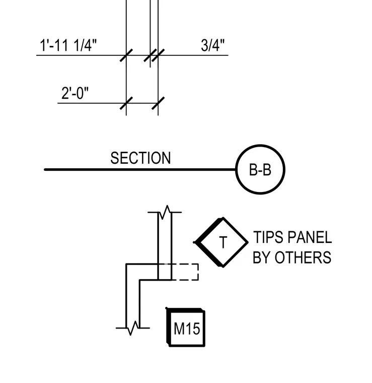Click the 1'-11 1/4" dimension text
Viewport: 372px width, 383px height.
(68, 45)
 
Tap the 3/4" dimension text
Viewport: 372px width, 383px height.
(212, 45)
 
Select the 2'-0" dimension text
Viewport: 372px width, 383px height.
(75, 93)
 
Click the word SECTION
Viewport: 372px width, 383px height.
(140, 158)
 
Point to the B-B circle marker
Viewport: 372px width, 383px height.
(236, 169)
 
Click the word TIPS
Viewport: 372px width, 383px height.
(268, 237)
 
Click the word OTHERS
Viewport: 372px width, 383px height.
(303, 258)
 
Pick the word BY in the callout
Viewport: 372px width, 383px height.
(262, 258)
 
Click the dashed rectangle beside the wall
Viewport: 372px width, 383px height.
(198, 272)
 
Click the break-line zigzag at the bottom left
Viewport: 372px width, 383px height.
(133, 328)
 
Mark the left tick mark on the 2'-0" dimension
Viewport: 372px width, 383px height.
(126, 103)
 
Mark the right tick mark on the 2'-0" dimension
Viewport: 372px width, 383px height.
(158, 103)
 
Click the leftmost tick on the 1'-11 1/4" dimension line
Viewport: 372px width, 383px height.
(126, 55)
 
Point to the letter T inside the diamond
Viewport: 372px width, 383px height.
(223, 242)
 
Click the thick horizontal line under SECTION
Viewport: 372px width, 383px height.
(140, 169)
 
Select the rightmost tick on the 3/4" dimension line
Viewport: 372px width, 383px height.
(158, 55)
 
